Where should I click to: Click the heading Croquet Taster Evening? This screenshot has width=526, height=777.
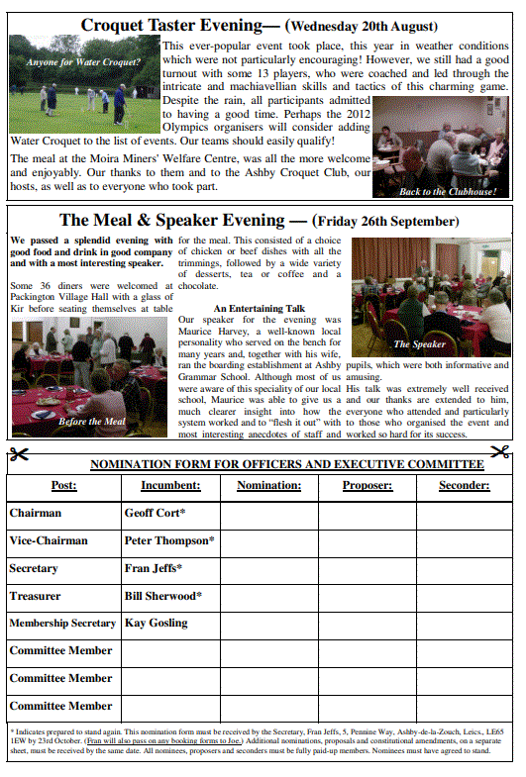coord(173,25)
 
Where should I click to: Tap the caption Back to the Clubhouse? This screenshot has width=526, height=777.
coord(448,191)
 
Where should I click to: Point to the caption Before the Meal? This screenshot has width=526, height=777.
coord(92,422)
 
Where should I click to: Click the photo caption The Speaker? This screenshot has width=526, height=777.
coord(420,344)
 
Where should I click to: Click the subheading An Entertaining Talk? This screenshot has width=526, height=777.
coord(260,308)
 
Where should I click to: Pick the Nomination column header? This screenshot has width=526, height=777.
coord(269,486)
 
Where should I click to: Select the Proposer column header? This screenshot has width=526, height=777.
coord(368,486)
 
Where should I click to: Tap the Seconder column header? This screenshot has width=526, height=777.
coord(464,486)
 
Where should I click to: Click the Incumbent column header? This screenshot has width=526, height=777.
coord(170,486)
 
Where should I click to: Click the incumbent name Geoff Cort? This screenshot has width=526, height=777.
coord(155,514)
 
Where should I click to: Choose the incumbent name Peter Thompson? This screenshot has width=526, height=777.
coord(169,541)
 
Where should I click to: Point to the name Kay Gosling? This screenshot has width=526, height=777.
coord(156,624)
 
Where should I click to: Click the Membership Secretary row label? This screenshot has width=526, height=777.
coord(62,624)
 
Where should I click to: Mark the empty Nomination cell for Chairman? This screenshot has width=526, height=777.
coord(269,514)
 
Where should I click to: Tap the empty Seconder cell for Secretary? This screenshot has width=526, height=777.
coord(464,569)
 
